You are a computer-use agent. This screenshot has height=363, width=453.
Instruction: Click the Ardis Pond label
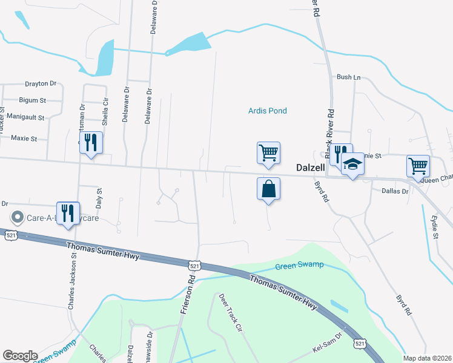coord(267,111)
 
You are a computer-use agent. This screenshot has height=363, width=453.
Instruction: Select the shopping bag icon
coord(268,189)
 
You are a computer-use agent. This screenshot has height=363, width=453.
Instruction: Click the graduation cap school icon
coord(352,165)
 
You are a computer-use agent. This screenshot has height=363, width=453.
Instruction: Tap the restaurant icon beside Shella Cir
coord(91,143)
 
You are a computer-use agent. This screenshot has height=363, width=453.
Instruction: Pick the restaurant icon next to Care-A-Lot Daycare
coord(68,213)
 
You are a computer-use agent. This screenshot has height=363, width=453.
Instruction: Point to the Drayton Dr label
coord(41,84)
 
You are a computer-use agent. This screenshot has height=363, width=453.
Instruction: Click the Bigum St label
coord(33,100)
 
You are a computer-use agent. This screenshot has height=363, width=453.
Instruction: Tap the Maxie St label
coord(24,139)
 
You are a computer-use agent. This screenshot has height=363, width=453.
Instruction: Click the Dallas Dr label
coord(395,191)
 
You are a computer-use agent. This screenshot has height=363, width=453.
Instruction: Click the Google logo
coord(20,356)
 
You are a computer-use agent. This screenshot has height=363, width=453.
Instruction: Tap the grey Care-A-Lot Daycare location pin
coord(18,217)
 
